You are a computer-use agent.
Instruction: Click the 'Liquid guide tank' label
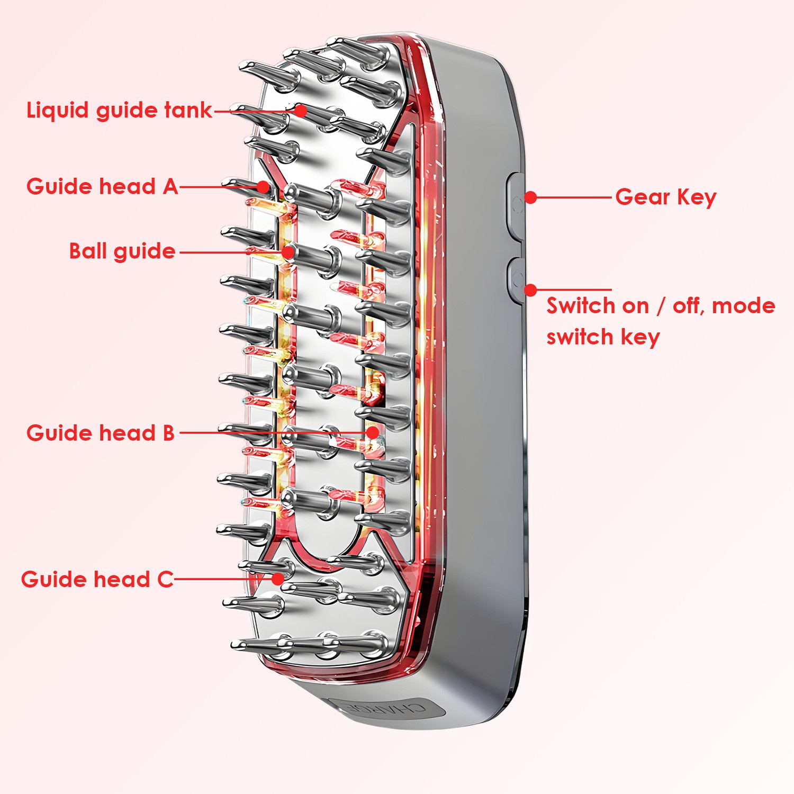(119, 111)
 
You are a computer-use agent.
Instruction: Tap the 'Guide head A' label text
(102, 187)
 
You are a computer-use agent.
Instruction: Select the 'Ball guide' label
(122, 251)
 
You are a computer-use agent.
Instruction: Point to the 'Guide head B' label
(100, 433)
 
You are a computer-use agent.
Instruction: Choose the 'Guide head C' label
(97, 579)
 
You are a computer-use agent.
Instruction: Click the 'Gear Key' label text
(665, 197)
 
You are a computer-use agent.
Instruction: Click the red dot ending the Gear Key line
(531, 197)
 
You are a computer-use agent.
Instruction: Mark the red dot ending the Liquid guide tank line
(301, 111)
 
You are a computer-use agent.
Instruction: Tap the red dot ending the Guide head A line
(264, 187)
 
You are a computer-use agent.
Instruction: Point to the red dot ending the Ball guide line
(288, 252)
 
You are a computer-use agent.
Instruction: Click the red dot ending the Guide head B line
(373, 432)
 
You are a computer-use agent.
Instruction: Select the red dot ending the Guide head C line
(278, 579)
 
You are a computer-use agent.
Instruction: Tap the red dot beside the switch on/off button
(531, 290)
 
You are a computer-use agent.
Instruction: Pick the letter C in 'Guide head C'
(166, 579)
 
